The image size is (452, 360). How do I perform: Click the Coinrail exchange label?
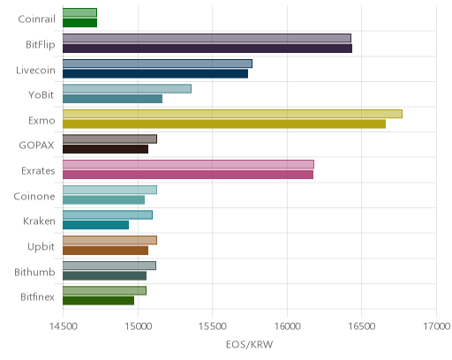tap(36, 19)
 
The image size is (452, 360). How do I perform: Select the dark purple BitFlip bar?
tap(207, 49)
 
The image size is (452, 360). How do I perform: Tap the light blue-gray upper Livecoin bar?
tap(157, 64)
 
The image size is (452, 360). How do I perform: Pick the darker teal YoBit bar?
tap(112, 99)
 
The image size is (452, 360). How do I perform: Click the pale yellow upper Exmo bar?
tap(232, 114)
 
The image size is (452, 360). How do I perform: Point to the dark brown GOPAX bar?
tap(105, 149)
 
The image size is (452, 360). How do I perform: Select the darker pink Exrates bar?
tap(188, 175)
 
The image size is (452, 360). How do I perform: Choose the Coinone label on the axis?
tap(34, 196)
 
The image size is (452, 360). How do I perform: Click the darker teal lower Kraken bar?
tap(95, 225)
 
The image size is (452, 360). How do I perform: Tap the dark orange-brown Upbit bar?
tap(105, 251)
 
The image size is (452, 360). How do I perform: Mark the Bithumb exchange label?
tap(34, 272)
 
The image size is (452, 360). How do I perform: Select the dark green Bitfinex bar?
tap(98, 301)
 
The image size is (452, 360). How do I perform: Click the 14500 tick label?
tap(63, 326)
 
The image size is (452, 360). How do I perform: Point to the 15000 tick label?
tap(138, 326)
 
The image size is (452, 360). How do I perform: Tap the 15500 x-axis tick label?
tap(213, 326)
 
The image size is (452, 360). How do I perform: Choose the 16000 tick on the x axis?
tap(288, 326)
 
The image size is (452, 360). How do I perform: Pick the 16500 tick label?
tap(362, 326)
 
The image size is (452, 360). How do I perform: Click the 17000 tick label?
tap(437, 326)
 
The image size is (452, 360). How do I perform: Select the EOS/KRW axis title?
tap(249, 344)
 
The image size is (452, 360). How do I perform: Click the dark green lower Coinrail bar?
tap(79, 23)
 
